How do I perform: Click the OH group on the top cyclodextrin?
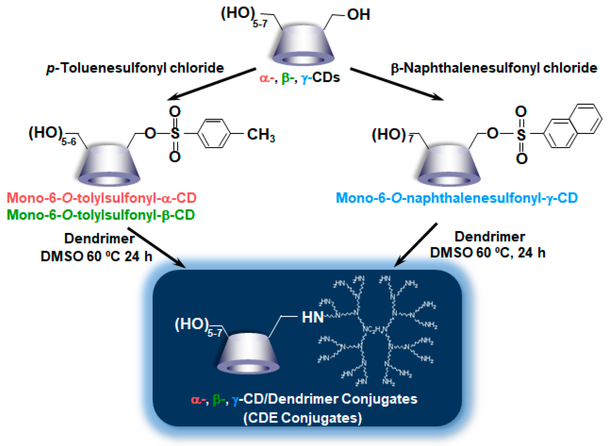click(358, 15)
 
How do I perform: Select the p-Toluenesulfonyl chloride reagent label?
click(135, 68)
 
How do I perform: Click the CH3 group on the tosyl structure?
click(261, 134)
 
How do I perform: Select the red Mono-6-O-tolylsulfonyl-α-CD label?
click(101, 198)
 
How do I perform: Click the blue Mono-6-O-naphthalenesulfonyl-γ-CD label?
click(457, 198)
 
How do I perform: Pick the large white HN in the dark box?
click(313, 317)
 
